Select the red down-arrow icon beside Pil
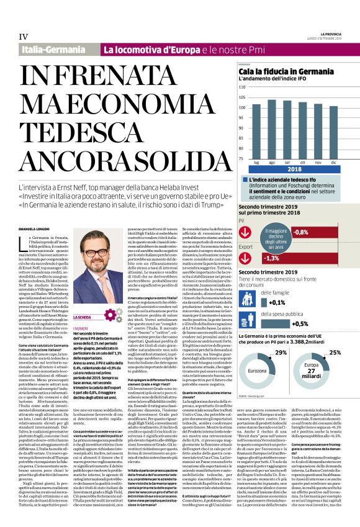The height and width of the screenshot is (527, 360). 246,232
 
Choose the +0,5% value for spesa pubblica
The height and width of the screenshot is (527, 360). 301,323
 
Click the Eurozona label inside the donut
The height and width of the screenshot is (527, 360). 256,371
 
